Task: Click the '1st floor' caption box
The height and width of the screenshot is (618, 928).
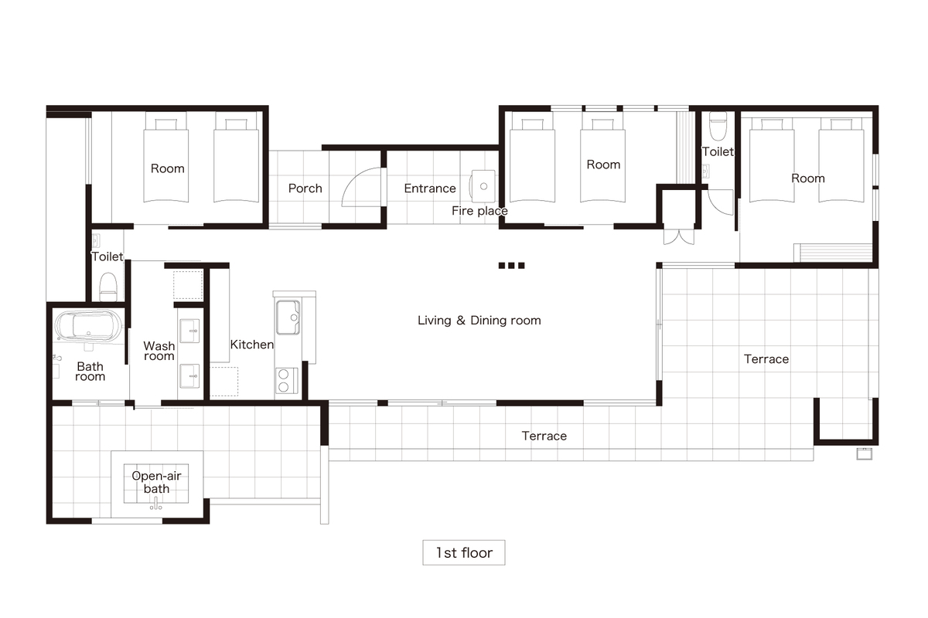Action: pos(463,552)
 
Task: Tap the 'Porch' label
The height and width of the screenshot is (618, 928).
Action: pos(305,188)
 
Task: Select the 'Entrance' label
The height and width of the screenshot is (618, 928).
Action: pos(430,188)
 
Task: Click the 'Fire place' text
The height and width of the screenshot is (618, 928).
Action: pos(479,211)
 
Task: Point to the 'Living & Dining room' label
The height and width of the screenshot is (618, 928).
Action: pos(479,321)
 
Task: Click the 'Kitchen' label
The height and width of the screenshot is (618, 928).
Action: pos(252,345)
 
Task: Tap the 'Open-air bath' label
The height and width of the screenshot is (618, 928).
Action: pos(156,482)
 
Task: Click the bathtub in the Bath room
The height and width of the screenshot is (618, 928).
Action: pos(89,326)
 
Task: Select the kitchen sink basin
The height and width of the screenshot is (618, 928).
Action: pos(288,317)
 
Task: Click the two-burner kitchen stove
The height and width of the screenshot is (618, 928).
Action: pos(287,381)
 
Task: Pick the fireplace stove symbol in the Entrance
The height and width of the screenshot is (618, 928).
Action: pos(483,186)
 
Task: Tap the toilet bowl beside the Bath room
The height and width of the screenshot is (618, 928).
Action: pos(108,287)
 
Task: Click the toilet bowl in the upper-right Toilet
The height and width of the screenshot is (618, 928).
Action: pos(718,126)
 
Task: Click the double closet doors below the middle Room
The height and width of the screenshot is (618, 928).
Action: pos(679,236)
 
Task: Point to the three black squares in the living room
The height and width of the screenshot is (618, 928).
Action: pos(512,265)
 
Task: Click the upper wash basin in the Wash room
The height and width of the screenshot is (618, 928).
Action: pos(189,331)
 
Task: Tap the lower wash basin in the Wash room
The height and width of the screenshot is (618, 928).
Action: pos(189,376)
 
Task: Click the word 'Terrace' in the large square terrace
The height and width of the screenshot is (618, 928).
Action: pos(766,359)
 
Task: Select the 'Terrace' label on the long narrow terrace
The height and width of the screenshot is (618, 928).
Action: pos(544,436)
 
